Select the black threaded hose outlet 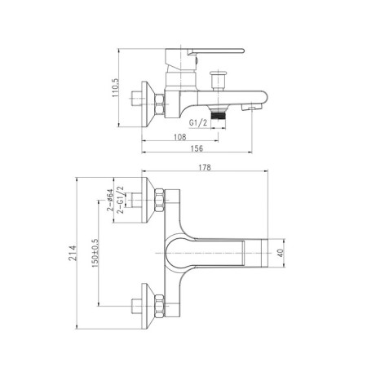(x=218, y=117)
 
